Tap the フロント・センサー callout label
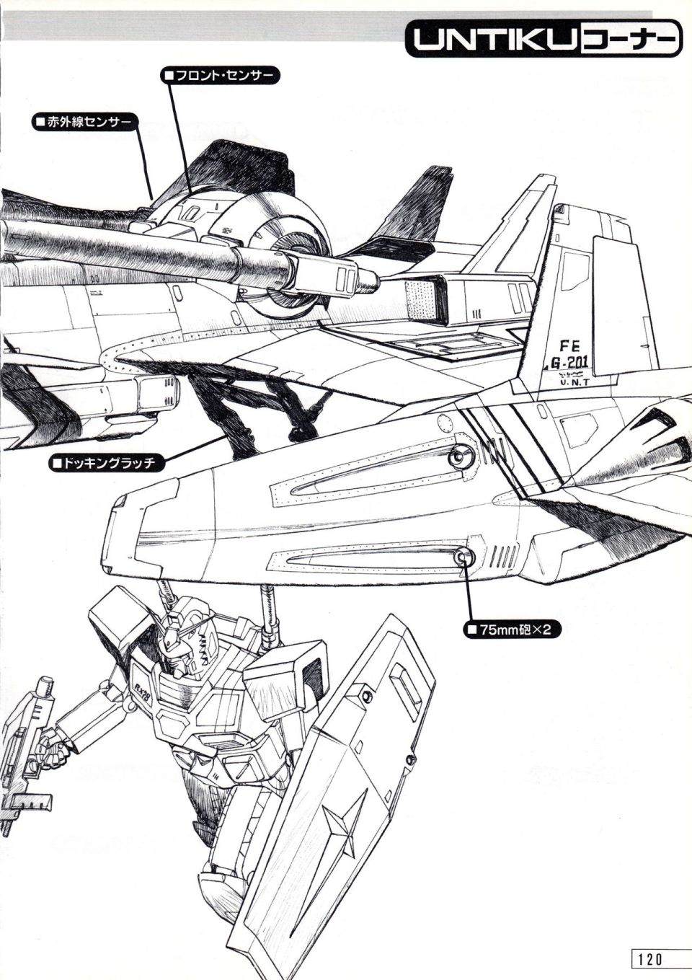point(220,76)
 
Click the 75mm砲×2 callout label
point(512,630)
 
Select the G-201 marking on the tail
point(568,363)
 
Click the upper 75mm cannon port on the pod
point(459,456)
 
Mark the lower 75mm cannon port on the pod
point(463,557)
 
